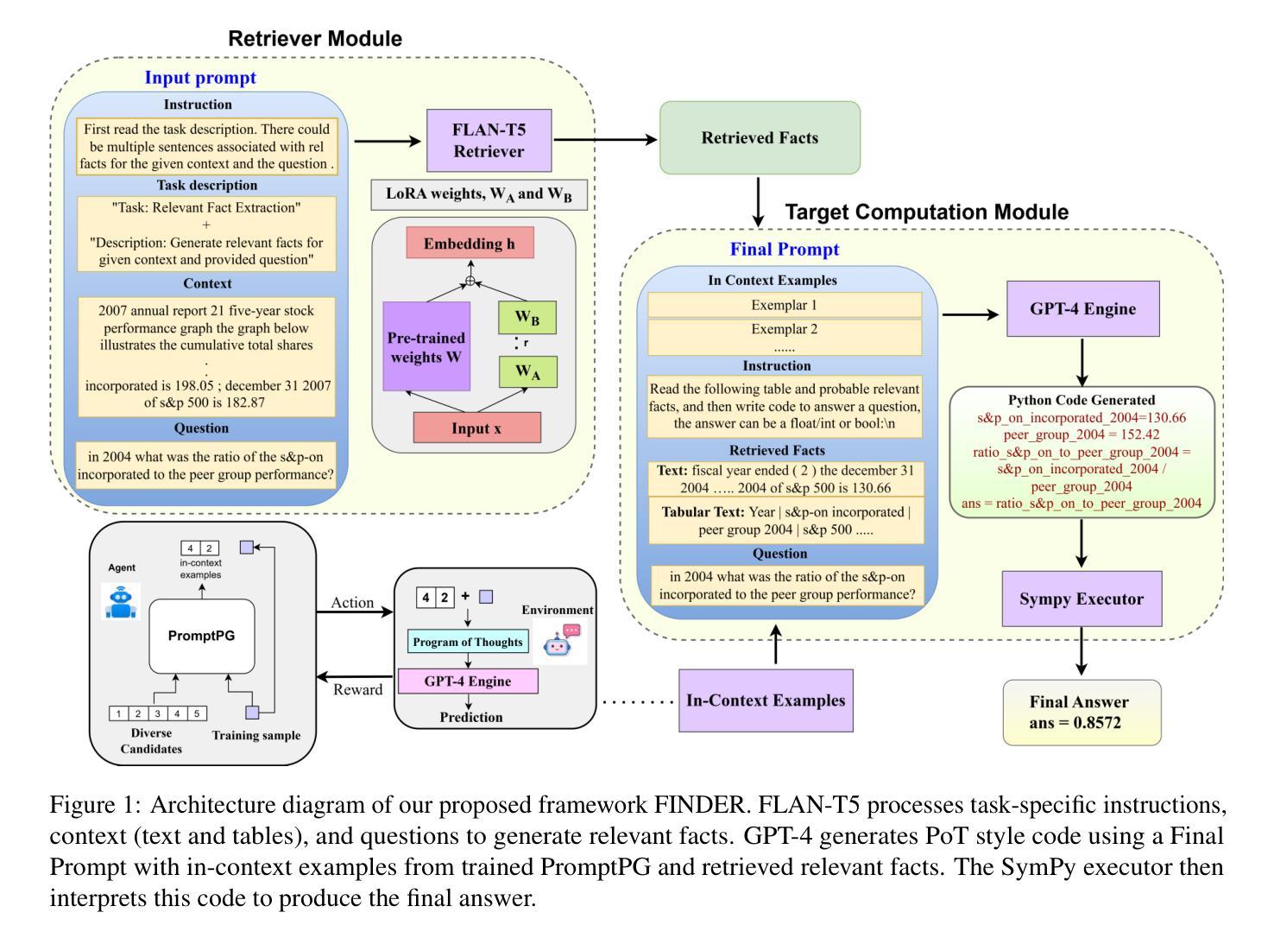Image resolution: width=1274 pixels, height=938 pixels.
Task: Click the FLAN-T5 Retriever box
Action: (x=489, y=140)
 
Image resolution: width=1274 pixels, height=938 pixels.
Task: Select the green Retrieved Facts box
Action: (x=760, y=138)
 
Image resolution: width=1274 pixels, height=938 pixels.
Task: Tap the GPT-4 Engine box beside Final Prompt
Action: (x=1082, y=309)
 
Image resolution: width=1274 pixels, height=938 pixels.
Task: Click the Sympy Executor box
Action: (x=1082, y=599)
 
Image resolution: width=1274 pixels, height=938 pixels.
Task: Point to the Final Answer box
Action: (x=1081, y=713)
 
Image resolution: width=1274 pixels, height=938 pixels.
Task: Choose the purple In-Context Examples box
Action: (x=766, y=700)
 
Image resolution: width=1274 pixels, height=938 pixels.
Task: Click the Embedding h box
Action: (x=470, y=244)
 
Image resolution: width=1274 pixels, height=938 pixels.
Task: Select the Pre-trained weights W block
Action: (x=426, y=346)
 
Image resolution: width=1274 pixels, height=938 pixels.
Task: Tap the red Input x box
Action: (x=476, y=428)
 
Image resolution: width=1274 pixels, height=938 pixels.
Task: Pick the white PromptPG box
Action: (x=202, y=636)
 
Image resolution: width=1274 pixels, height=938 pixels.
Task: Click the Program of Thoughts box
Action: (x=468, y=642)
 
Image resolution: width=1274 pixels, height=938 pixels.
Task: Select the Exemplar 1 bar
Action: (x=784, y=305)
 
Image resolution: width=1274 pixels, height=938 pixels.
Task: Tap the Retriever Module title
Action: (x=315, y=39)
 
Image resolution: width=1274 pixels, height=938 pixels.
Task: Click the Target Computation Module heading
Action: (x=926, y=212)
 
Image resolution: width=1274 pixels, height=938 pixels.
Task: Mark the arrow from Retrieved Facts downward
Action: (x=759, y=201)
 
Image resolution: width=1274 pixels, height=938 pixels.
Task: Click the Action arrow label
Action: (x=352, y=603)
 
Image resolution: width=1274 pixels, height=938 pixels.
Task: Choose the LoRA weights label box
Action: (x=478, y=194)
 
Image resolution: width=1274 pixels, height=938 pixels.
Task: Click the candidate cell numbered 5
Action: (x=197, y=713)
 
